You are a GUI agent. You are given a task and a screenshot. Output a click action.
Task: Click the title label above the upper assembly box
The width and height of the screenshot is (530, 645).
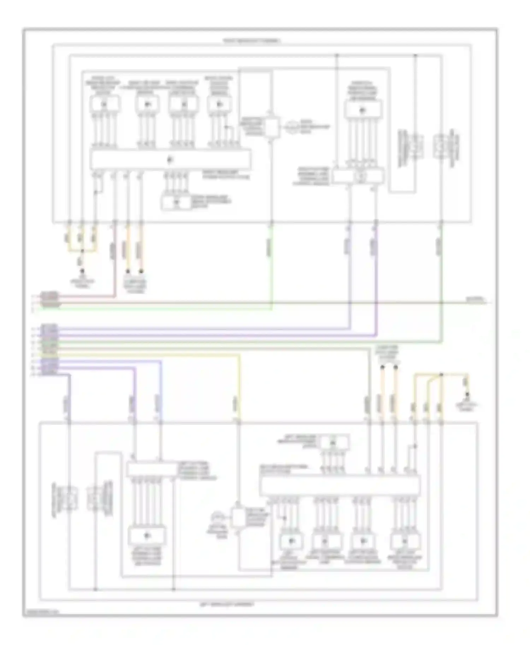pos(252,41)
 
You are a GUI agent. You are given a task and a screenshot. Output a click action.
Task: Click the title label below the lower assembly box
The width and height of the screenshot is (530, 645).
pos(226,604)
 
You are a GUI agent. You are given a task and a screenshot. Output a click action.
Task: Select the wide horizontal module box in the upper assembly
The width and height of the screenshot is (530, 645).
pos(171,160)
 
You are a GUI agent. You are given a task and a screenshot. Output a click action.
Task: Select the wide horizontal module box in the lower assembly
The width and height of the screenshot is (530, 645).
pos(340,486)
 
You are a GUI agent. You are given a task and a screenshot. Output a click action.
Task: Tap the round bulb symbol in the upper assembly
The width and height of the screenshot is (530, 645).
pos(292,127)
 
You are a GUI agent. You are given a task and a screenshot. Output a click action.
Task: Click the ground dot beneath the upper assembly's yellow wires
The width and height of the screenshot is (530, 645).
pos(82,271)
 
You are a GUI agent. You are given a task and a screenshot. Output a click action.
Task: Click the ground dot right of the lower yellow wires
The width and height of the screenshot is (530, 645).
pos(467,394)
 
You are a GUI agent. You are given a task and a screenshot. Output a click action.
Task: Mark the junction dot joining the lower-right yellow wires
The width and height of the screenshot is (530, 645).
pos(441,374)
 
